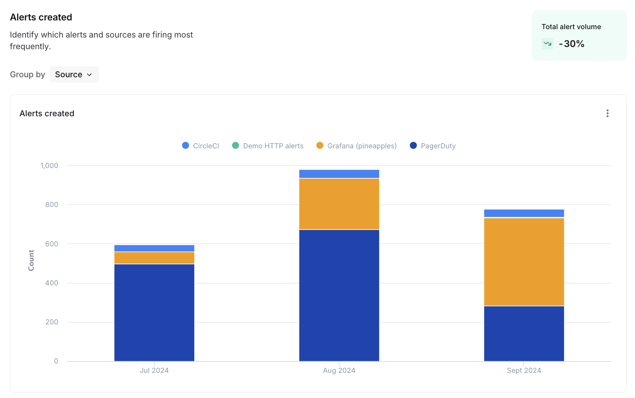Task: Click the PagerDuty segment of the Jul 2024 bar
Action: coord(154,312)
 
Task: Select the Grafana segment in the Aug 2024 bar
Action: coord(339,204)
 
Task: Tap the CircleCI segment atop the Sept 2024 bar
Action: coord(524,213)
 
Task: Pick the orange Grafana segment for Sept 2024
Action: coord(524,262)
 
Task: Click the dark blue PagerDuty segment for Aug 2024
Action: coord(339,295)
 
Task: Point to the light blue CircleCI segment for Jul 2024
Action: coord(154,248)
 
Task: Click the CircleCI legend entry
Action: coord(201,146)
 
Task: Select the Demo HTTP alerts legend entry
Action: coord(268,146)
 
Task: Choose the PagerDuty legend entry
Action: coord(433,146)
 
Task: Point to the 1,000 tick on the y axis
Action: coord(49,165)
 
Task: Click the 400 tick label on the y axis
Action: coord(52,283)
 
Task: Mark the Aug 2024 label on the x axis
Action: coord(339,370)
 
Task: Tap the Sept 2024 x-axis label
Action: coord(524,370)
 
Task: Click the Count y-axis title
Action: coord(31,260)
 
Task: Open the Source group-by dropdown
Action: coord(74,74)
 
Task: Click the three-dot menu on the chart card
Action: coord(607,113)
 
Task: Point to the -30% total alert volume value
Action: coord(572,44)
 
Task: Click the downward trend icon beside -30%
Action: coord(547,44)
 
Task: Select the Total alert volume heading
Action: coord(571,27)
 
